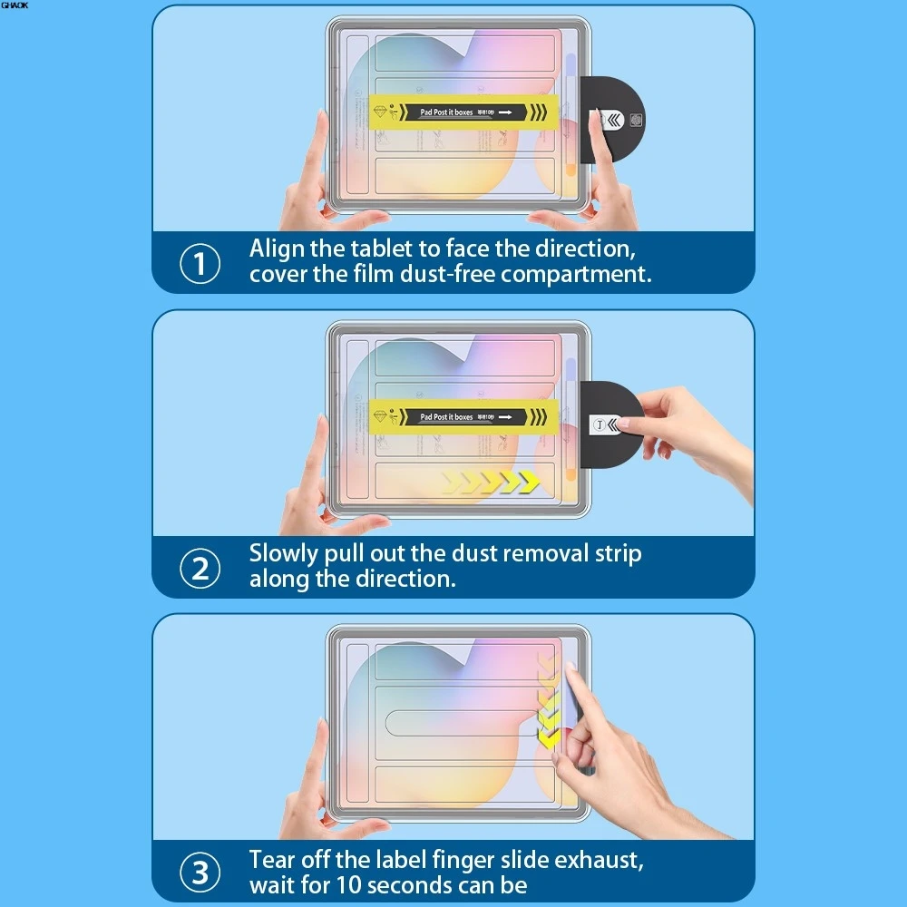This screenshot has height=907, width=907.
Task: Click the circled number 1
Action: [x=200, y=264]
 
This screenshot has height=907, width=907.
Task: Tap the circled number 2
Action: [x=200, y=568]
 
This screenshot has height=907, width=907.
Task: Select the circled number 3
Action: [x=200, y=873]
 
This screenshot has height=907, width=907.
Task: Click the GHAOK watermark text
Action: [x=15, y=5]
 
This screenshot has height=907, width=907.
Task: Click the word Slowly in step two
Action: [x=284, y=553]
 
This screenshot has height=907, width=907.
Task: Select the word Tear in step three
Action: [x=274, y=859]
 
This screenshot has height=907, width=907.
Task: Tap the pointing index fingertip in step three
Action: [x=569, y=669]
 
